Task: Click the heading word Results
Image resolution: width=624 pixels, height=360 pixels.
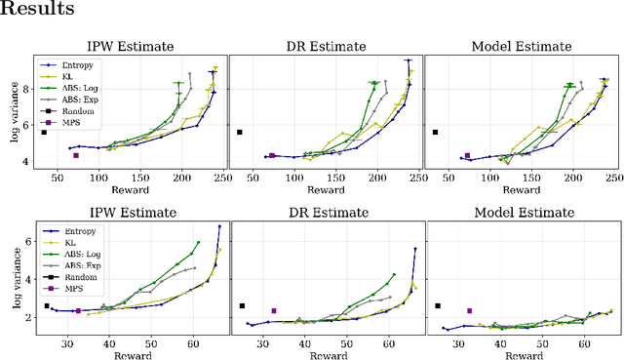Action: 37,10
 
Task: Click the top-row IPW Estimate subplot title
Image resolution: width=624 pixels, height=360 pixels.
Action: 130,47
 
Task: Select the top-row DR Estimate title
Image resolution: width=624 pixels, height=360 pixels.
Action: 325,47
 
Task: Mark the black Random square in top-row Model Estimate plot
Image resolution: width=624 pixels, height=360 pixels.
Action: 435,132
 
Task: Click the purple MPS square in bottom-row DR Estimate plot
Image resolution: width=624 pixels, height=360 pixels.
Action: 274,311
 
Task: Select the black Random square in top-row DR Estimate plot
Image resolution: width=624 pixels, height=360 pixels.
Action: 239,132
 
